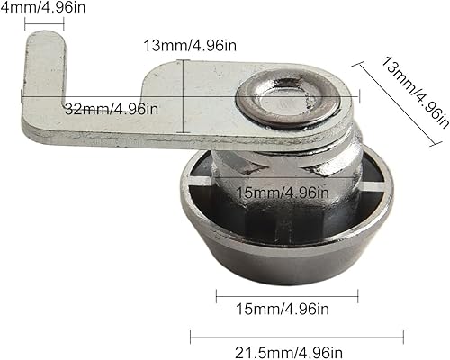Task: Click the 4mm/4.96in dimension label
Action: pos(43,7)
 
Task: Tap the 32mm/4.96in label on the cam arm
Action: pos(112,109)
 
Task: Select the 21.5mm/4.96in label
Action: pos(289,353)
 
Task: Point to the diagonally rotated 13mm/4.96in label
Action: pos(416,92)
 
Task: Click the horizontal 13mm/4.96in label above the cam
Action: pos(190,46)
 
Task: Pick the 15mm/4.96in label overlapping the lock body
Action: pos(283,193)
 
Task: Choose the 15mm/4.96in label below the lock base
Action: pos(283,309)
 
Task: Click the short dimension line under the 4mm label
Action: pos(44,24)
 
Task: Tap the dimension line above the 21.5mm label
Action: pos(297,337)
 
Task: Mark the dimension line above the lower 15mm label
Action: pos(287,296)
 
